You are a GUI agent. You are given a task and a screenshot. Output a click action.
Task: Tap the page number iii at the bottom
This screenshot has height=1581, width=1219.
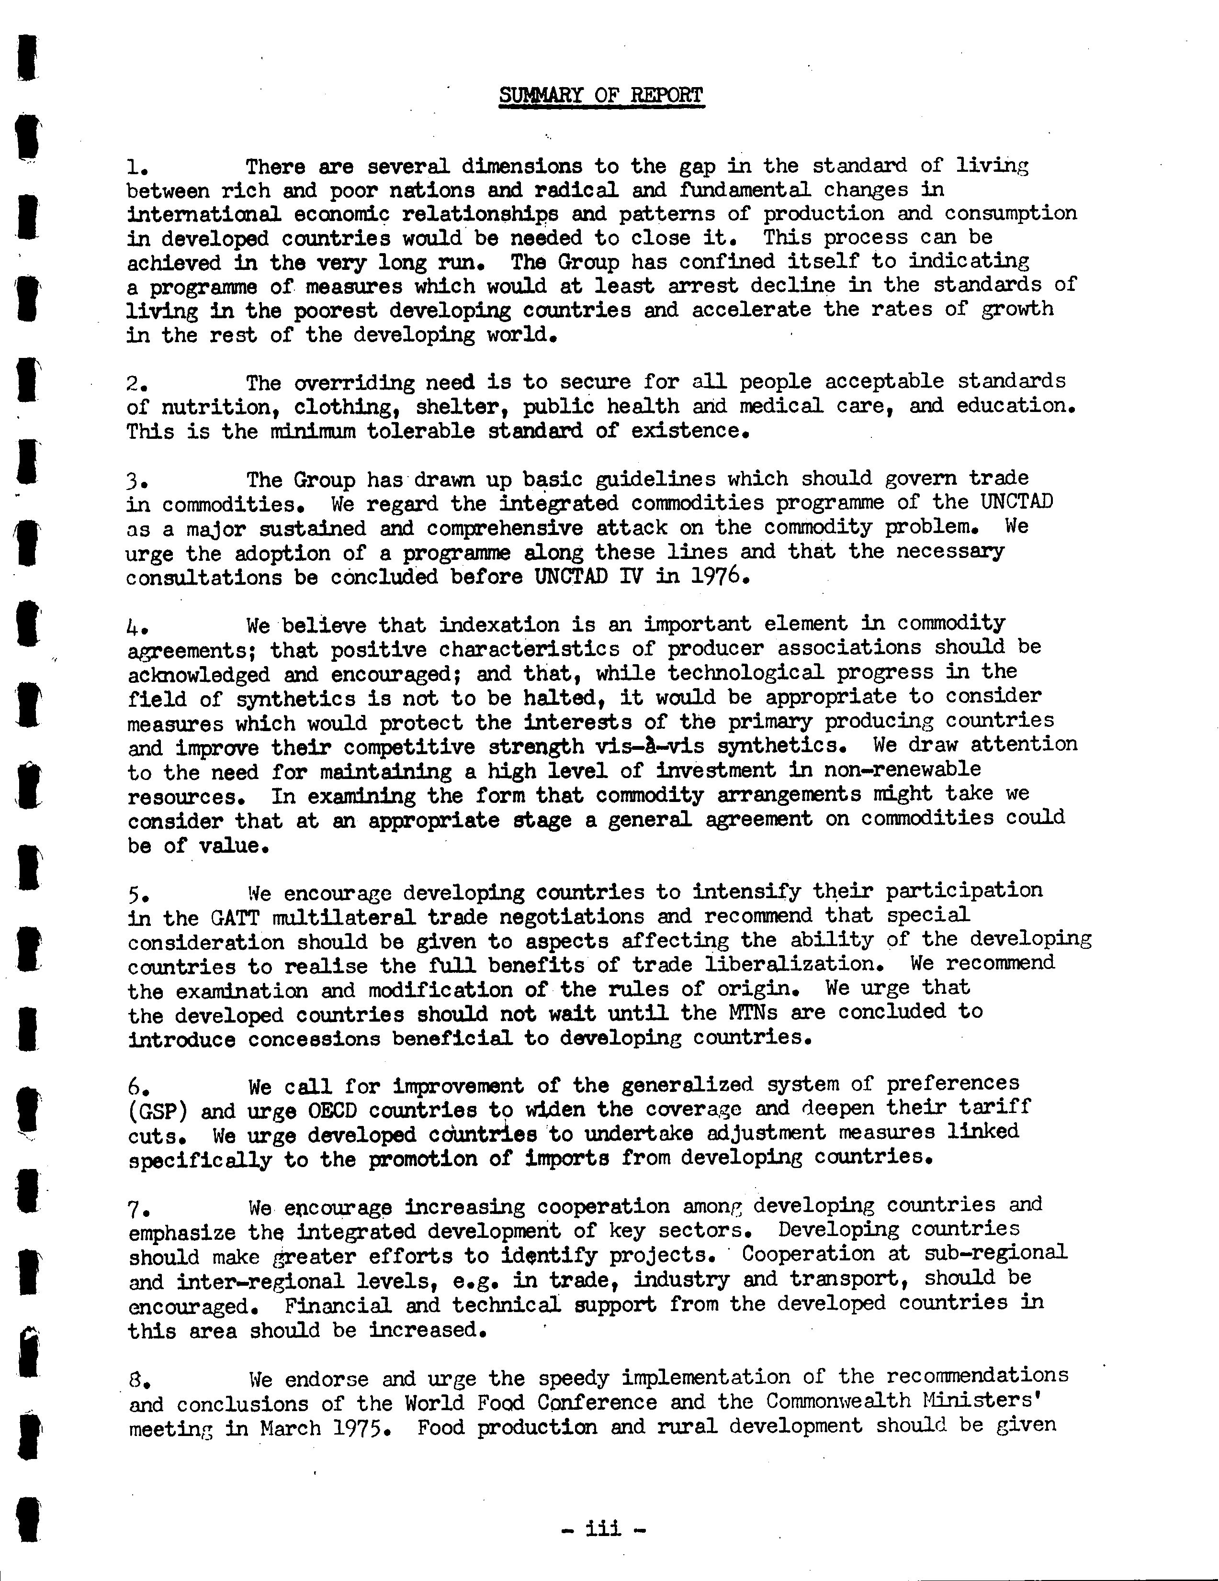coord(603,1528)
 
